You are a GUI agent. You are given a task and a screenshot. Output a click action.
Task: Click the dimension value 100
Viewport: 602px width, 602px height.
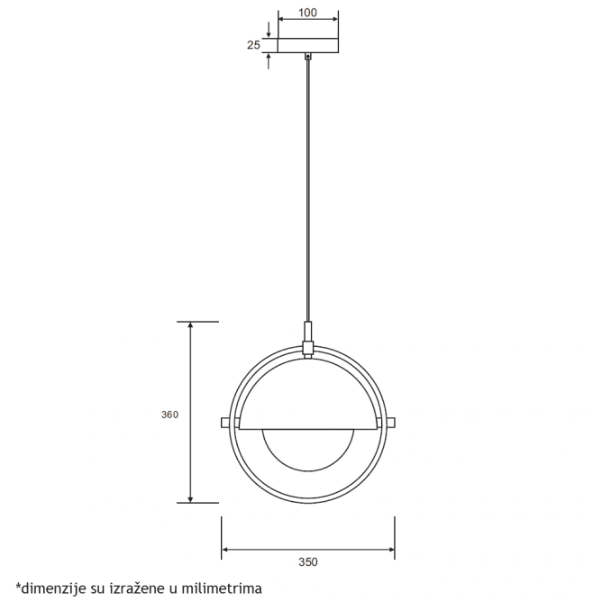[x=308, y=14]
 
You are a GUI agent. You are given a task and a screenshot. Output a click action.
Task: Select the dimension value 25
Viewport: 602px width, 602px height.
[x=255, y=44]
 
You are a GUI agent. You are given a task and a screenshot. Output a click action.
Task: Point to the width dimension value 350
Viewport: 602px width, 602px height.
[x=308, y=561]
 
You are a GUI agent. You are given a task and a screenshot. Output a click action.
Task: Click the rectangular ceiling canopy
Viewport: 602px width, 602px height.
[x=308, y=45]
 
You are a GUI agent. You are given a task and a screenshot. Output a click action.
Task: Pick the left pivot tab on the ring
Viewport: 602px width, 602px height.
[x=226, y=422]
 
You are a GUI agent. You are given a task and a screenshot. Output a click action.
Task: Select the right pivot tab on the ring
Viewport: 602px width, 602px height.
[x=390, y=422]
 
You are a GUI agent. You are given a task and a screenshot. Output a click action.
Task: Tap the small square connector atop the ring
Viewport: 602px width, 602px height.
[x=308, y=347]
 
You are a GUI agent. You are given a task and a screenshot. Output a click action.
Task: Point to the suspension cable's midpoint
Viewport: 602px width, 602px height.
[x=308, y=189]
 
